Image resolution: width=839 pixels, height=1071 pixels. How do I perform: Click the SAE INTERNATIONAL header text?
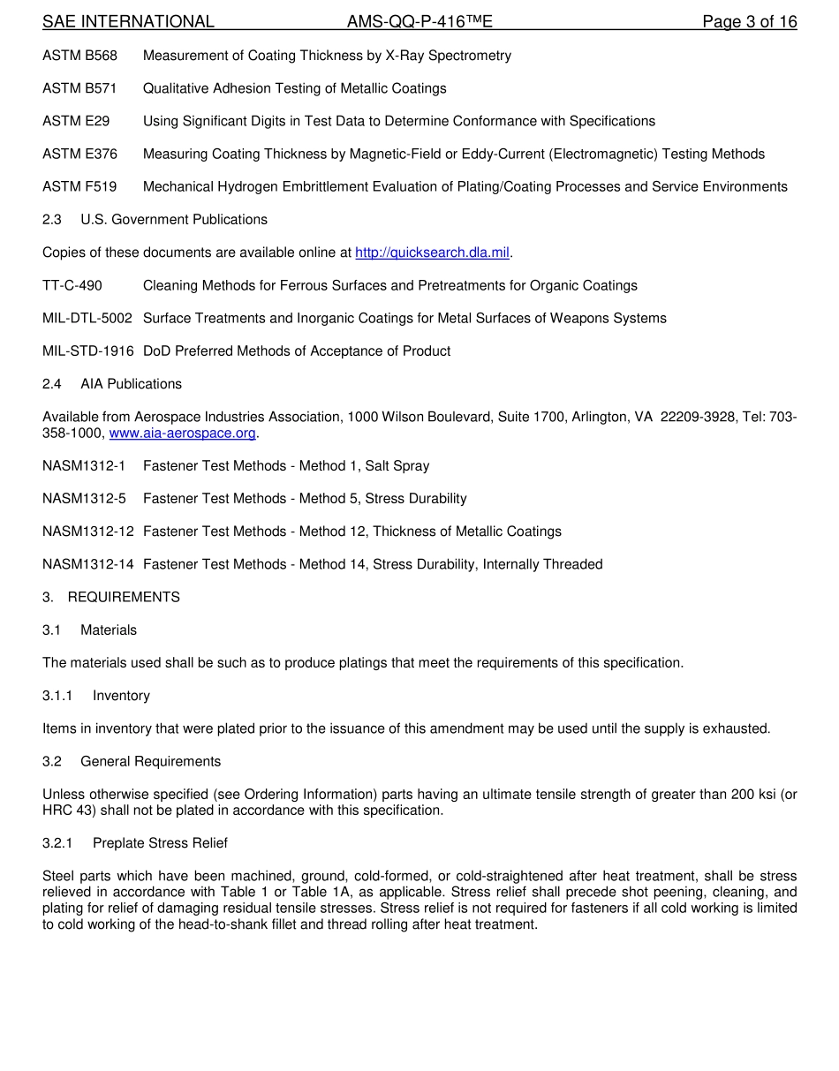[x=128, y=22]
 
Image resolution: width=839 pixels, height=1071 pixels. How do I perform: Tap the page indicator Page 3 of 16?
[x=749, y=22]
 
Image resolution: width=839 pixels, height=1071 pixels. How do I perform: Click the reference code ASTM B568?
[x=79, y=56]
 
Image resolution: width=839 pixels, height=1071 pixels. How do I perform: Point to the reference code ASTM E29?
[x=76, y=121]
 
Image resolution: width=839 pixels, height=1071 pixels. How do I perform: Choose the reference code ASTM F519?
[x=79, y=187]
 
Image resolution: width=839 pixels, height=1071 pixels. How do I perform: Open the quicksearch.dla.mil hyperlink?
[x=432, y=253]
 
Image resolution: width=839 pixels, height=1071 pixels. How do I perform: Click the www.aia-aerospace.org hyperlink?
[x=182, y=434]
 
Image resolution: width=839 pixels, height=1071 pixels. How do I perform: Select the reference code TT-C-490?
[x=72, y=286]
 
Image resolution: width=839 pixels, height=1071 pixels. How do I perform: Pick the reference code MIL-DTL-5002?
[x=87, y=319]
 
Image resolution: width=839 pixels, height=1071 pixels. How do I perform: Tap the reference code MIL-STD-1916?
[x=88, y=351]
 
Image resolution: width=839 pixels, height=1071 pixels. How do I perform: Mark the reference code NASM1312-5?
[x=84, y=499]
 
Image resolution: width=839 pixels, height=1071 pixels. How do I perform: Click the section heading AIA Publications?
[x=131, y=384]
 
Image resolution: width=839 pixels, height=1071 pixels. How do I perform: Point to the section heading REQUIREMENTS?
[x=124, y=598]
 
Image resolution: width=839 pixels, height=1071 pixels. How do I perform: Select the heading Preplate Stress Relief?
[x=160, y=843]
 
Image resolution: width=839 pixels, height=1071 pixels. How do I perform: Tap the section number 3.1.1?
[x=57, y=696]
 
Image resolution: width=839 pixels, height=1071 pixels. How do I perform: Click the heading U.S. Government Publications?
[x=174, y=220]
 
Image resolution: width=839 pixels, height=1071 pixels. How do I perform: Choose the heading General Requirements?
[x=150, y=762]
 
